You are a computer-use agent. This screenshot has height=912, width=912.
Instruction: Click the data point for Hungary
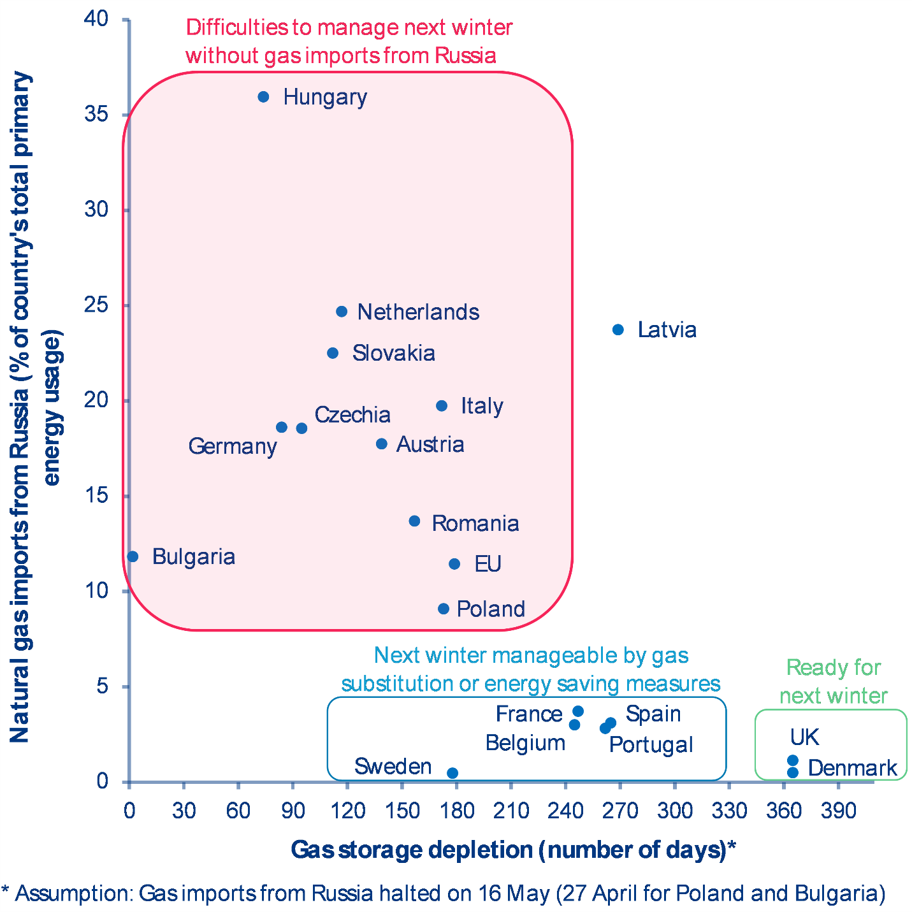[263, 97]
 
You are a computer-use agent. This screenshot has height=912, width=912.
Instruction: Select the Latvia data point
[618, 329]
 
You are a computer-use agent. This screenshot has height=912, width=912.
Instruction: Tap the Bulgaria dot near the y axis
[133, 556]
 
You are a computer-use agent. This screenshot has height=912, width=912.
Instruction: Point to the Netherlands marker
[342, 312]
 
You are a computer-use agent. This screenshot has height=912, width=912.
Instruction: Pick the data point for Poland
[444, 609]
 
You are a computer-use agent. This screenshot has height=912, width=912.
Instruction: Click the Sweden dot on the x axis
[452, 773]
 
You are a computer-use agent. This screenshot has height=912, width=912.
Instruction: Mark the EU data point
[454, 564]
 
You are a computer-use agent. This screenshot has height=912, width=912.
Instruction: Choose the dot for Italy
[442, 406]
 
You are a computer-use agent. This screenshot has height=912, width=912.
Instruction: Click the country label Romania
[475, 523]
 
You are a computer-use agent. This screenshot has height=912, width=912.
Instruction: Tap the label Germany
[233, 446]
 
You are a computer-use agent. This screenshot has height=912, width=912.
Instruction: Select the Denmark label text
[852, 768]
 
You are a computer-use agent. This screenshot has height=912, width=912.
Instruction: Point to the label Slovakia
[393, 353]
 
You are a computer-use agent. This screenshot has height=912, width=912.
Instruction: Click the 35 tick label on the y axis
[96, 115]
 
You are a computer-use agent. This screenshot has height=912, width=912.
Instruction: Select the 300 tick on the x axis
[675, 811]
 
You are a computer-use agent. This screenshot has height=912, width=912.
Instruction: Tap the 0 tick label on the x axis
[129, 811]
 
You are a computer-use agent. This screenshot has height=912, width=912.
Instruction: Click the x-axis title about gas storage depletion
[513, 850]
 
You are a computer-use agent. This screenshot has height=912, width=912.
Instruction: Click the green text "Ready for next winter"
[833, 681]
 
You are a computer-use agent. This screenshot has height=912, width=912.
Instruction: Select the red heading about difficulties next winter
[349, 41]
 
